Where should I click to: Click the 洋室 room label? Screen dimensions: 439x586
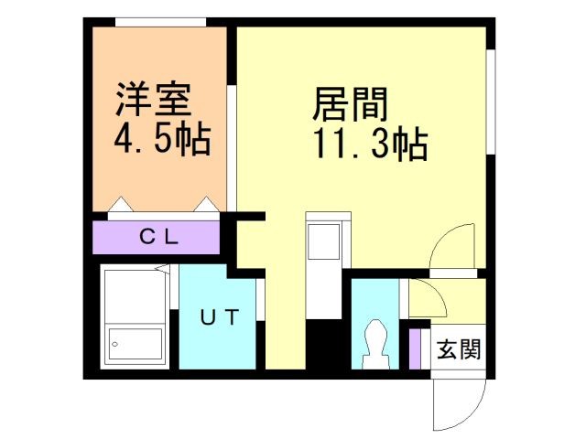pos(154,99)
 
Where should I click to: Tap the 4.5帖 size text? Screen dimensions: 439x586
pos(162,140)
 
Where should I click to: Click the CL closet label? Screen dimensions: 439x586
pos(158,237)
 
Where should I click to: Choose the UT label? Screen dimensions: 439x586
pos(220,318)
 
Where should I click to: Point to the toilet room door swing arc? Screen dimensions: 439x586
pos(423,297)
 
